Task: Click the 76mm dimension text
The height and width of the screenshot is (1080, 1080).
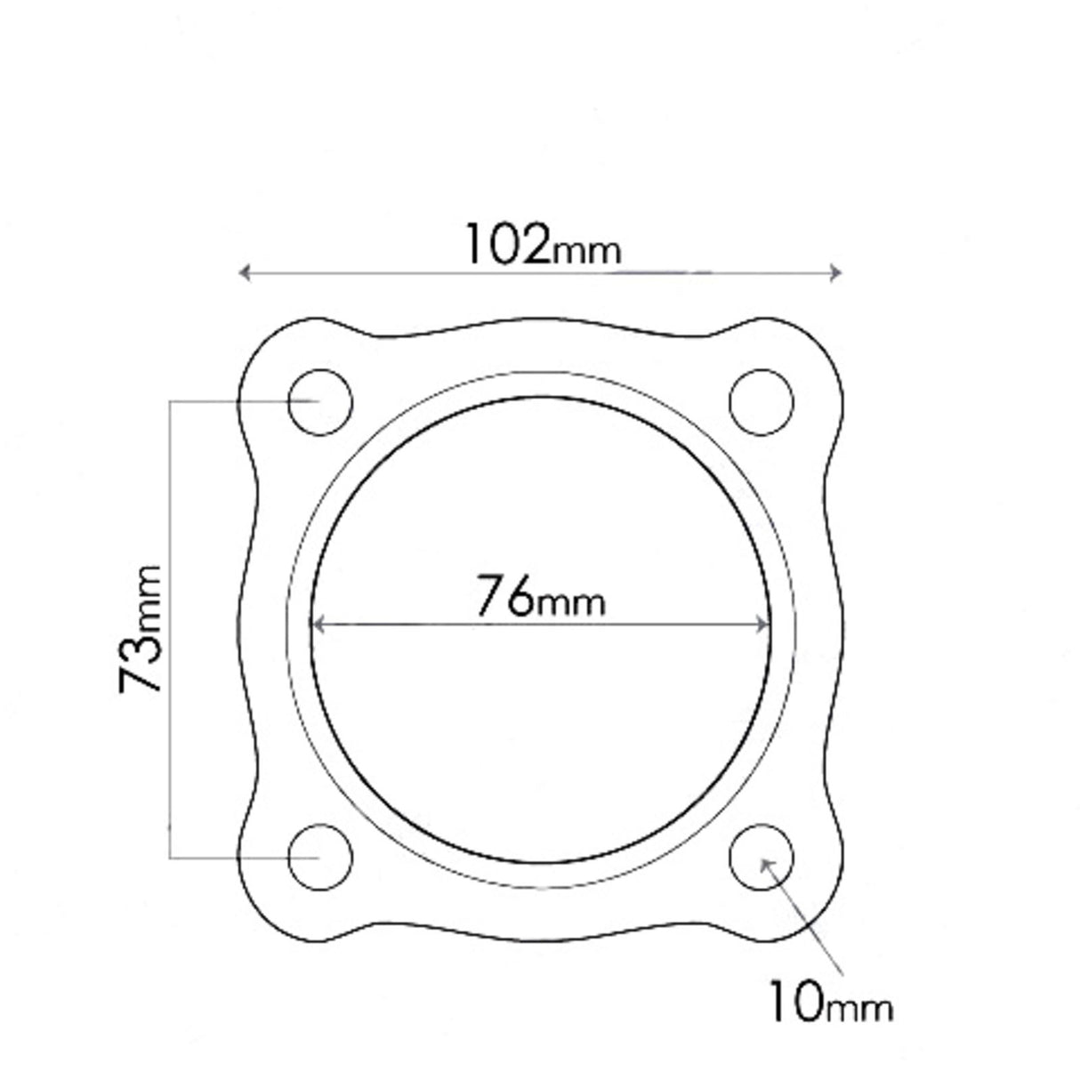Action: pyautogui.click(x=540, y=597)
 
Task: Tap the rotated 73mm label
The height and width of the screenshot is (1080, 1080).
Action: pyautogui.click(x=142, y=628)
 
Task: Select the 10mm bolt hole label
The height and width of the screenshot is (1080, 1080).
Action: pyautogui.click(x=829, y=1003)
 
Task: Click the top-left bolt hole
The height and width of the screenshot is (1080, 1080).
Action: pyautogui.click(x=320, y=401)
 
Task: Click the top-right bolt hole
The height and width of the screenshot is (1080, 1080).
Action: pyautogui.click(x=762, y=401)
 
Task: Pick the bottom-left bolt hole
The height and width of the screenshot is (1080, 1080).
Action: pyautogui.click(x=320, y=857)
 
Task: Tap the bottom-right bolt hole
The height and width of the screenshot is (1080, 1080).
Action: pyautogui.click(x=762, y=857)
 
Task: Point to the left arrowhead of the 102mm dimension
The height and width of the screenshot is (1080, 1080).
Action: pyautogui.click(x=244, y=272)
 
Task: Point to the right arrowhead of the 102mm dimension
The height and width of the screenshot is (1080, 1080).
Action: pyautogui.click(x=835, y=272)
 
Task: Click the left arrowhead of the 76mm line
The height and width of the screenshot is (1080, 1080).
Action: pyautogui.click(x=318, y=625)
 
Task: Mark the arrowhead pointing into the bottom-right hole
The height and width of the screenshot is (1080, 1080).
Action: pyautogui.click(x=766, y=863)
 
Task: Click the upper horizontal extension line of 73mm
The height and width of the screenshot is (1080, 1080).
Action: pyautogui.click(x=240, y=401)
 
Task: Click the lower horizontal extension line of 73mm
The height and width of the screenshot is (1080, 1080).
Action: pyautogui.click(x=240, y=858)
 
